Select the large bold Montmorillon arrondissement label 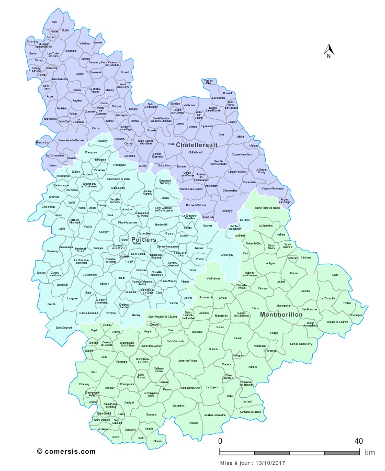pyautogui.click(x=281, y=315)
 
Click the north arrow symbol pyautogui.click(x=329, y=50)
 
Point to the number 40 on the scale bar pyautogui.click(x=358, y=441)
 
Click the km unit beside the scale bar pyautogui.click(x=370, y=453)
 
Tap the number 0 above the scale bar pyautogui.click(x=220, y=441)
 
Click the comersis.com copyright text pyautogui.click(x=66, y=451)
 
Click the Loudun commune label pyautogui.click(x=80, y=74)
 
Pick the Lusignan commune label pyautogui.click(x=73, y=297)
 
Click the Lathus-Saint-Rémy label pyautogui.click(x=301, y=343)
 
